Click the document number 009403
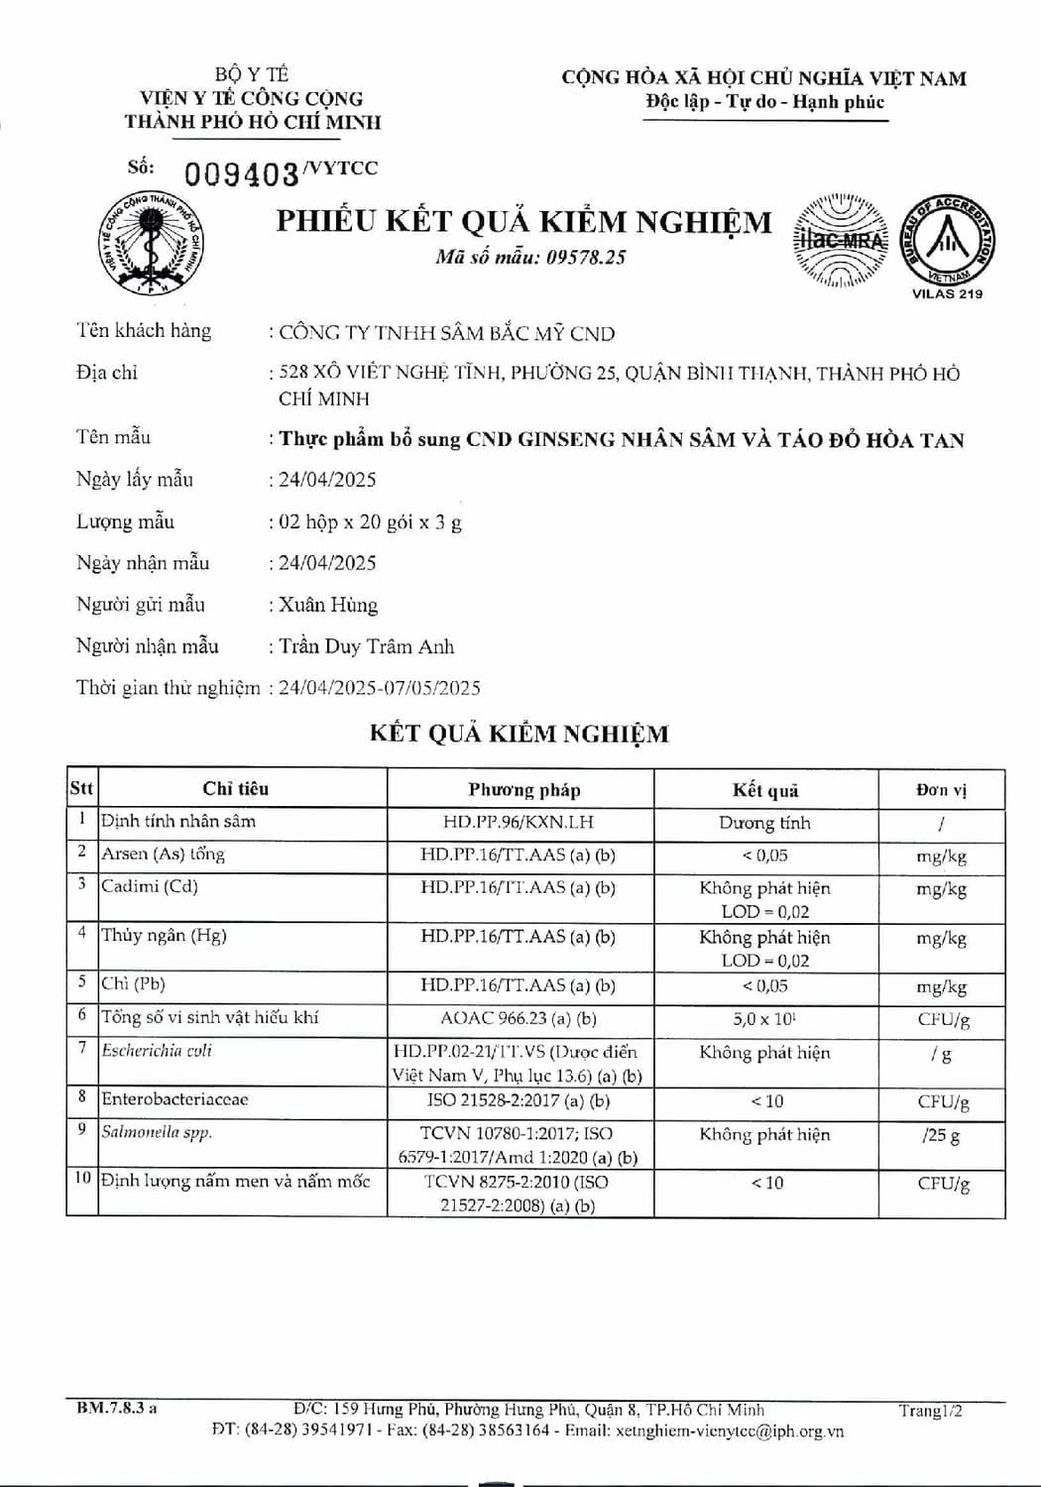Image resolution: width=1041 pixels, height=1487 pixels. pyautogui.click(x=241, y=174)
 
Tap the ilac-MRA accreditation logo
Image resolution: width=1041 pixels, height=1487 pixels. pyautogui.click(x=840, y=241)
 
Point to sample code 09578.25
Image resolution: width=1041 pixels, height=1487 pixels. pyautogui.click(x=587, y=258)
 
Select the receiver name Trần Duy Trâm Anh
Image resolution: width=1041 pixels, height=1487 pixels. pyautogui.click(x=366, y=646)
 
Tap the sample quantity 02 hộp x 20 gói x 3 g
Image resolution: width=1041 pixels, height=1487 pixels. pyautogui.click(x=370, y=521)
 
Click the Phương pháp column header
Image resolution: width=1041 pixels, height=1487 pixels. pyautogui.click(x=523, y=790)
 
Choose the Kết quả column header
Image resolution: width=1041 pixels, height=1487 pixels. pyautogui.click(x=764, y=790)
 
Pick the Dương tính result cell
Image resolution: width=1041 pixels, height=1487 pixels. pyautogui.click(x=764, y=823)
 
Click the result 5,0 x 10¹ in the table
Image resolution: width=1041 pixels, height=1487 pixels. pyautogui.click(x=764, y=1019)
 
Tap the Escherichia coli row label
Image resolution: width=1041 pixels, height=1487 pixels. pyautogui.click(x=157, y=1051)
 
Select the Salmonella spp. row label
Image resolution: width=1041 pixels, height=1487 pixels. pyautogui.click(x=157, y=1132)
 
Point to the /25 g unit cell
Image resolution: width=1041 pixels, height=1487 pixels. pyautogui.click(x=940, y=1135)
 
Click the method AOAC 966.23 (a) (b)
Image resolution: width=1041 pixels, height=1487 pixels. pyautogui.click(x=519, y=1019)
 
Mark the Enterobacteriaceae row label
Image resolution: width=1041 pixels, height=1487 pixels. pyautogui.click(x=174, y=1099)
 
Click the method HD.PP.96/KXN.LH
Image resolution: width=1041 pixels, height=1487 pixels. pyautogui.click(x=519, y=823)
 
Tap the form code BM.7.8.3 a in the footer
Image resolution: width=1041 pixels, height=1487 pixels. pyautogui.click(x=117, y=1409)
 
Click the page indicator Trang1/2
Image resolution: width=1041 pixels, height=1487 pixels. pyautogui.click(x=930, y=1411)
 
